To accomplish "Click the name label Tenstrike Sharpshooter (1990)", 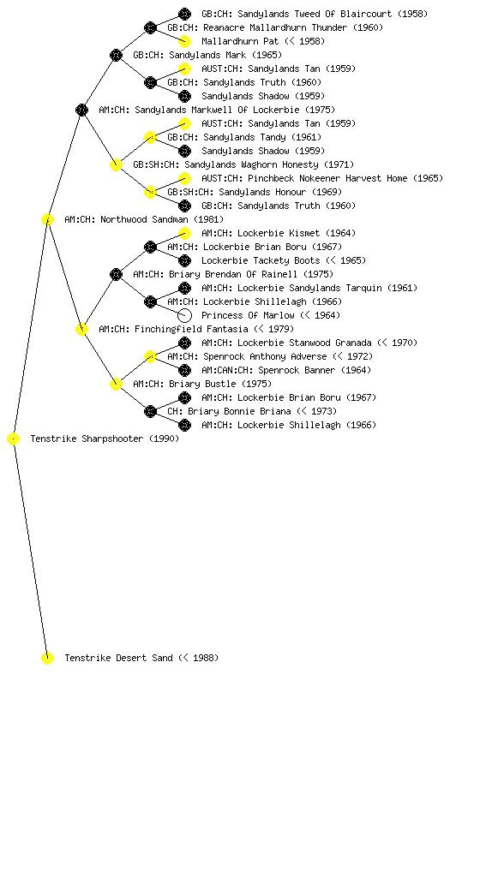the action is point(105,438).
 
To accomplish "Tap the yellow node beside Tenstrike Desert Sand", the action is point(47,658).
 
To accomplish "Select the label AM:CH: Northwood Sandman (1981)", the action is point(144,219).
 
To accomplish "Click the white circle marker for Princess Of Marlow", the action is point(184,315).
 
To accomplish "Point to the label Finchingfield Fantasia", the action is point(191,329).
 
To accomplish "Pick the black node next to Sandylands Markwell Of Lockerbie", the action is point(81,110).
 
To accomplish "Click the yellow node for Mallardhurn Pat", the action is point(184,41).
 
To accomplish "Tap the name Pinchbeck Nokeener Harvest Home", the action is point(327,178).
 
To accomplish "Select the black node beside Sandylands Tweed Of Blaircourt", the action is point(184,14).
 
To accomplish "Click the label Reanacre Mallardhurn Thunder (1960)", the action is point(275,27).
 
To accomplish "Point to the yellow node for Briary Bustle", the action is point(116,384).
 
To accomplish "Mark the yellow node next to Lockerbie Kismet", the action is point(184,233).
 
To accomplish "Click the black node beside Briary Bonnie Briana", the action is point(150,411).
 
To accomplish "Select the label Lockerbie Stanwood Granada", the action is point(304,343).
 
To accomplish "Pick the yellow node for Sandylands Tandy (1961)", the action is point(150,137).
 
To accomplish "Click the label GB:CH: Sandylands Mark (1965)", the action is point(207,55).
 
